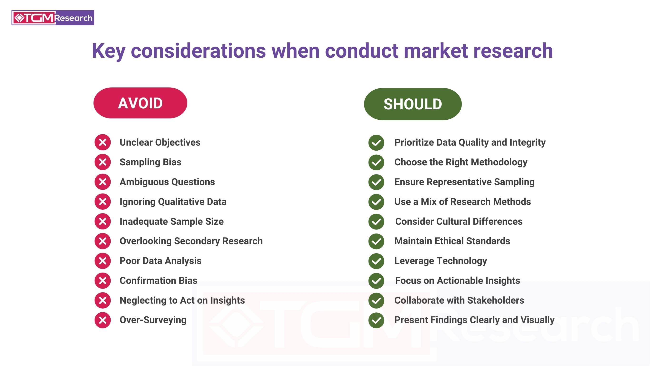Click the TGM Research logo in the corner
pos(53,18)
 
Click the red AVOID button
pos(140,103)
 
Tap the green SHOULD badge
pos(413,104)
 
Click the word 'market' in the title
pos(436,51)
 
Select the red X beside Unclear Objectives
pos(103,142)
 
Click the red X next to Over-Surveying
pos(103,320)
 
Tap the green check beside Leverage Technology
pos(376,261)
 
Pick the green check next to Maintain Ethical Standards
pos(376,241)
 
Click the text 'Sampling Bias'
pos(150,162)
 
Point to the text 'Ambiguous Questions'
pos(167,182)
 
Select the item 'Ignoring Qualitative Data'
pos(173,202)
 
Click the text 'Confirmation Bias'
pos(158,280)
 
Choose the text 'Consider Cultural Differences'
pos(459,221)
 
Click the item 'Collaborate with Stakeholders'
pos(459,300)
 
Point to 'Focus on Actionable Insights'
pos(458,280)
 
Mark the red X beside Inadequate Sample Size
pos(103,221)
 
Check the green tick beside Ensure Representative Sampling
pos(376,182)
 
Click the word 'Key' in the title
pos(108,51)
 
